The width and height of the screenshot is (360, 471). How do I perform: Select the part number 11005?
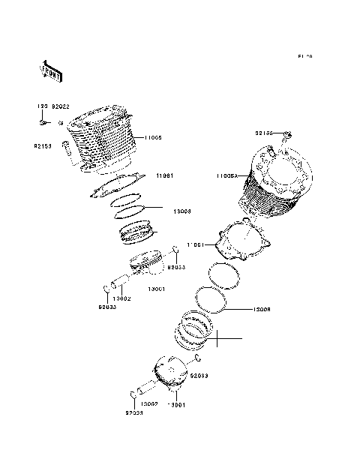point(152,137)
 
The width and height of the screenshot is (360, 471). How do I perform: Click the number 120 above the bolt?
point(42,108)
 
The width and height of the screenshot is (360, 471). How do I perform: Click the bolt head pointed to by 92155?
point(286,136)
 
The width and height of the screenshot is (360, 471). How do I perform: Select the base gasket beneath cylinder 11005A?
point(242,241)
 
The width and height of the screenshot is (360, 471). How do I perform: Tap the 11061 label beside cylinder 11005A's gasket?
point(196,244)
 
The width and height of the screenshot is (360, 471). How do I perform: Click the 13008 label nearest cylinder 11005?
point(181,211)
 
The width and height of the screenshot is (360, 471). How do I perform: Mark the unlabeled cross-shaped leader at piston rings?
point(214,340)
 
